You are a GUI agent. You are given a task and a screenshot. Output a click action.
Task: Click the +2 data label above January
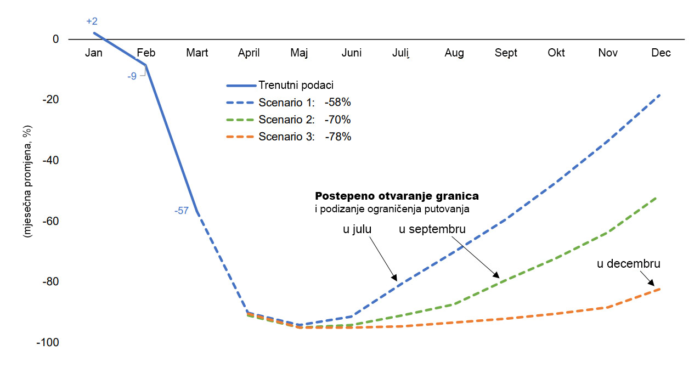coord(92,21)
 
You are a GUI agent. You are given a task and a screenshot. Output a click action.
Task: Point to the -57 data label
coord(182,210)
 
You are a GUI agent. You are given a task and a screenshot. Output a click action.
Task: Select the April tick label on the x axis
coord(249,53)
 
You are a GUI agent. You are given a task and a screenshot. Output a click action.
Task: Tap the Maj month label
coord(299,53)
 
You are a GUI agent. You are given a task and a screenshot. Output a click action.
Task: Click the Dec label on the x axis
coord(661,53)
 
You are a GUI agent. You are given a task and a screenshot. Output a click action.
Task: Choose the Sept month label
coord(506,53)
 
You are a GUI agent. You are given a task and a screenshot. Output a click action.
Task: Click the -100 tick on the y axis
coord(48,342)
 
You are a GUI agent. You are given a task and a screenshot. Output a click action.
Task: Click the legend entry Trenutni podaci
coord(296,85)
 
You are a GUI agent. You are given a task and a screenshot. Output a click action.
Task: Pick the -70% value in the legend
coord(337,120)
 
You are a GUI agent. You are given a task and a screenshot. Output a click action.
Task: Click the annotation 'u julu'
coord(357,229)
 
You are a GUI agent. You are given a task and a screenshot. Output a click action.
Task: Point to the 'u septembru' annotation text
coord(432,229)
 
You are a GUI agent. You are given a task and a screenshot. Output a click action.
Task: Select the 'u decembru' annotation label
coord(628,264)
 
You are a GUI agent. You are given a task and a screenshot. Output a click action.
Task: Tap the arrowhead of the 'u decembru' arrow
coord(653,285)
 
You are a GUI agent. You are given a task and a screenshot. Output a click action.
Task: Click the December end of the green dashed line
coord(657,197)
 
